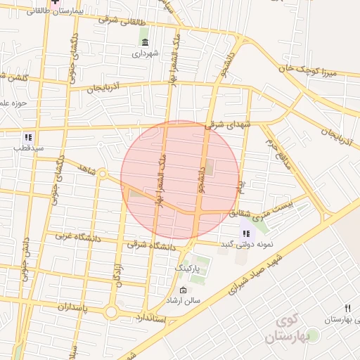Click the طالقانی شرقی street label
click(x=125, y=21)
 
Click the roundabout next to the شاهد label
click(x=102, y=173)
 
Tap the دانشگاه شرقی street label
click(x=151, y=246)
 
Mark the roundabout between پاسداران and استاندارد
click(x=110, y=311)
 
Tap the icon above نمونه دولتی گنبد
click(x=245, y=233)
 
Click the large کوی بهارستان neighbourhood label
click(x=288, y=329)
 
